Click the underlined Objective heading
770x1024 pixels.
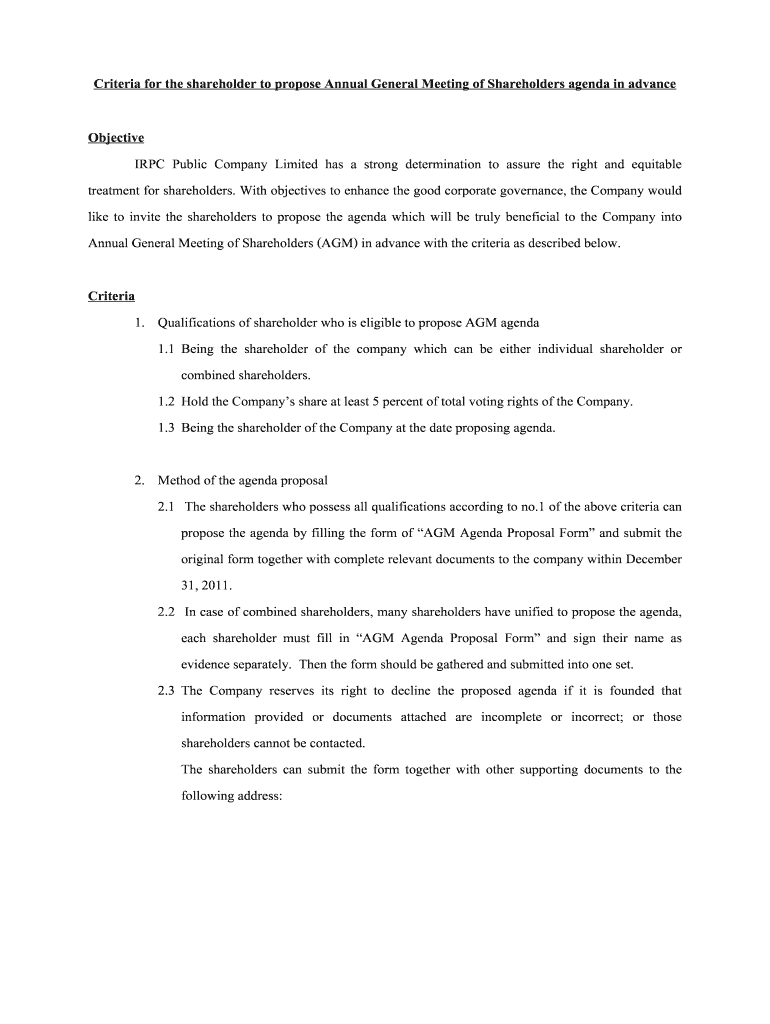pyautogui.click(x=116, y=137)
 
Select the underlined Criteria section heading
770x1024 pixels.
pyautogui.click(x=112, y=296)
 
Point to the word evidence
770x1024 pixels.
pyautogui.click(x=208, y=664)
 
